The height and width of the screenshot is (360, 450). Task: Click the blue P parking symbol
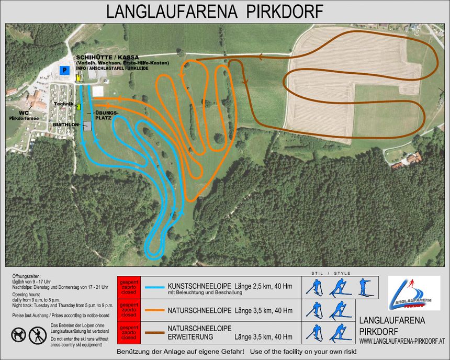[64, 70]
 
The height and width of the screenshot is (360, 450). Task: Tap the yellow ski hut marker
[78, 77]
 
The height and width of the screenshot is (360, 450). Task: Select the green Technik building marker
[79, 106]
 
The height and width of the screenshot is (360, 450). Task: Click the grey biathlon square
[87, 126]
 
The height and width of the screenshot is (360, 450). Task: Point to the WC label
[21, 112]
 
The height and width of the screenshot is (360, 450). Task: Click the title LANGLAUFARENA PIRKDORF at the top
[215, 12]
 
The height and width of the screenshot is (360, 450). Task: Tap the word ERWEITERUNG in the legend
[193, 336]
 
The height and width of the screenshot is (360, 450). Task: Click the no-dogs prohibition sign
[18, 334]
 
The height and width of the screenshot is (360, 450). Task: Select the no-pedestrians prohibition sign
[37, 334]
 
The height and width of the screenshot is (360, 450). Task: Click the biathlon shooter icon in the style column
[364, 287]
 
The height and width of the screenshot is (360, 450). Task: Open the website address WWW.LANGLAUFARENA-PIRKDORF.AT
[402, 341]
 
